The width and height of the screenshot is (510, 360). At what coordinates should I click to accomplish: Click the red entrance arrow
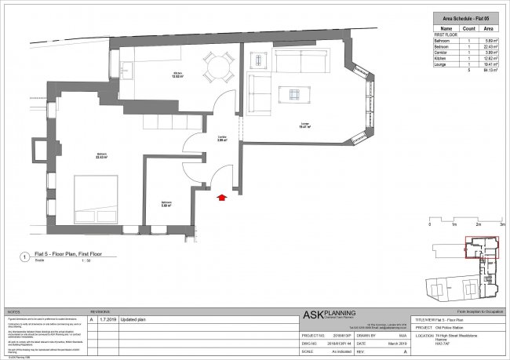[222, 199]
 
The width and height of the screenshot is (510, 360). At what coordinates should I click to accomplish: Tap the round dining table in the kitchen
[215, 67]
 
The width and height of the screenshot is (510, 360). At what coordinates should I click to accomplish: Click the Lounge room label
[307, 124]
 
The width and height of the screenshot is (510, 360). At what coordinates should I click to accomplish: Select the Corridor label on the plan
[222, 137]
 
